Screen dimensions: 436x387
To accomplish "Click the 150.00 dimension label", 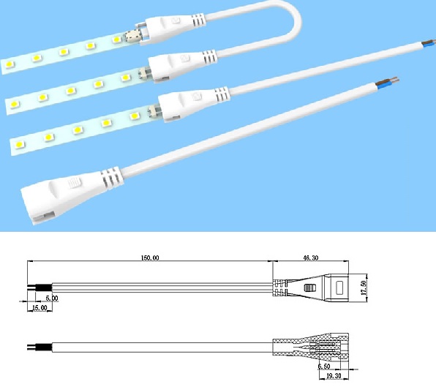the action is tap(150, 258).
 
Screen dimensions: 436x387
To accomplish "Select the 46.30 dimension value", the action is tap(311, 258).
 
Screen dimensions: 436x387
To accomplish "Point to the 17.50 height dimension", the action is tap(364, 288).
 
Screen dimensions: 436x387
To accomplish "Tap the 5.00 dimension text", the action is tap(52, 298).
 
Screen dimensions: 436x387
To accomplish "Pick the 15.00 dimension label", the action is tap(40, 308).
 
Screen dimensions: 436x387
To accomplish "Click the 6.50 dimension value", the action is tap(324, 367).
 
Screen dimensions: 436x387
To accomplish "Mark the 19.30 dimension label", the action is tap(334, 376).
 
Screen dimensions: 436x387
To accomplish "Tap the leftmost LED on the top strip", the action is tap(9, 64).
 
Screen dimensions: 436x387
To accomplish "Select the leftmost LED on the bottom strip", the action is tap(20, 145).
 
